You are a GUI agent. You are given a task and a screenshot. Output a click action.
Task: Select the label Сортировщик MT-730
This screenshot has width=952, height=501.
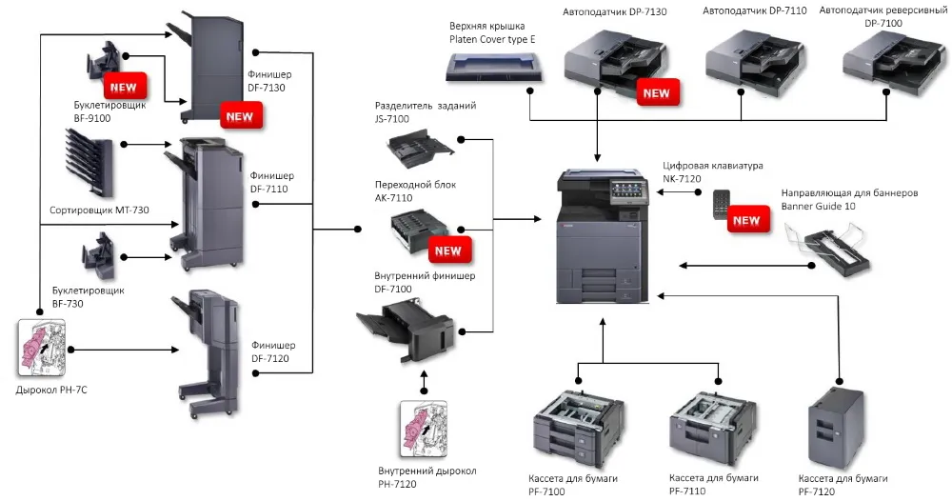(99, 210)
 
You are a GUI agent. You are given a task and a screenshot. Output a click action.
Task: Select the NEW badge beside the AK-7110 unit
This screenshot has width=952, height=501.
(446, 251)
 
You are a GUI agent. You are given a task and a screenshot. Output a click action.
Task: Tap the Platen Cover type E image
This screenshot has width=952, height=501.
(496, 65)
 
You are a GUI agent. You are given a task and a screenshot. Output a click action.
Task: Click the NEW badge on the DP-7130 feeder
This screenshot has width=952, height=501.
(656, 93)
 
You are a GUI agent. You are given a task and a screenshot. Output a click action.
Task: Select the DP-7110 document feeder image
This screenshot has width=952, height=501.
(744, 58)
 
